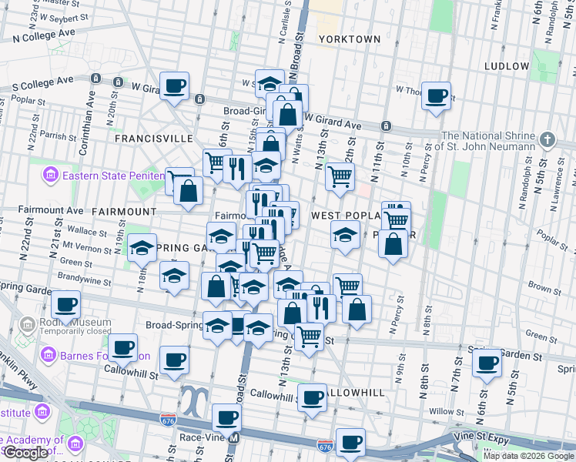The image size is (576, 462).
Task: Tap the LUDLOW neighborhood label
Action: (x=507, y=66)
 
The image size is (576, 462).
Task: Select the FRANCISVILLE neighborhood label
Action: (x=153, y=138)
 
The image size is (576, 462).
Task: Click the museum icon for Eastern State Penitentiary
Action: (x=51, y=175)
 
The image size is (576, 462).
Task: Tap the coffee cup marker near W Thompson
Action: (x=437, y=96)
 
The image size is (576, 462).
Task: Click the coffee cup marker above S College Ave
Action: (x=174, y=85)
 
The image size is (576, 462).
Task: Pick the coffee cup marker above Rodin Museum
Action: (x=67, y=305)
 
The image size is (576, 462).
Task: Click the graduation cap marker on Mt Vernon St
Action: (x=142, y=248)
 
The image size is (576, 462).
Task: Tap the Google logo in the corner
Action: (x=25, y=453)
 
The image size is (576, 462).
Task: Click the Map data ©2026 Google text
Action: (x=528, y=456)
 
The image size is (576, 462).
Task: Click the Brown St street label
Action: (x=544, y=288)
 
